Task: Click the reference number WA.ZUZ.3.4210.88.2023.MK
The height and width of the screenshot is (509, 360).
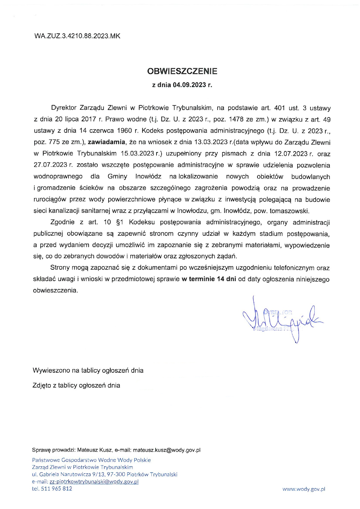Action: [x=77, y=36]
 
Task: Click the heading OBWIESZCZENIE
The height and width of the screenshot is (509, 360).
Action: [x=182, y=71]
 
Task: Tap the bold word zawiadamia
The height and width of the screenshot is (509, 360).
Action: [x=107, y=142]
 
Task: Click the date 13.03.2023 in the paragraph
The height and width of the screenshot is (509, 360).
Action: [x=211, y=142]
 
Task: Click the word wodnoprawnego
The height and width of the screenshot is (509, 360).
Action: [x=58, y=176]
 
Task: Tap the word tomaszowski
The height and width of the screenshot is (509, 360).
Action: [x=290, y=211]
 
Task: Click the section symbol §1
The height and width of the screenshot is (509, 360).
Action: [x=120, y=222]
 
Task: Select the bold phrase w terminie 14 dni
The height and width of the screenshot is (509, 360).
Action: [x=209, y=279]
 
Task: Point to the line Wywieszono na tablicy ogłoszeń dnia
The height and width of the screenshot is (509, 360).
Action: [x=88, y=370]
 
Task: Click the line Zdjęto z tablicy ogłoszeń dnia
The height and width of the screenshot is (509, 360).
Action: [x=76, y=385]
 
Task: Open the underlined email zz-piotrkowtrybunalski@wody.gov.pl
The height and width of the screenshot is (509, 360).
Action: [x=94, y=481]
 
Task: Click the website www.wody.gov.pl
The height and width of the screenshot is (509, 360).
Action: [x=304, y=489]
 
